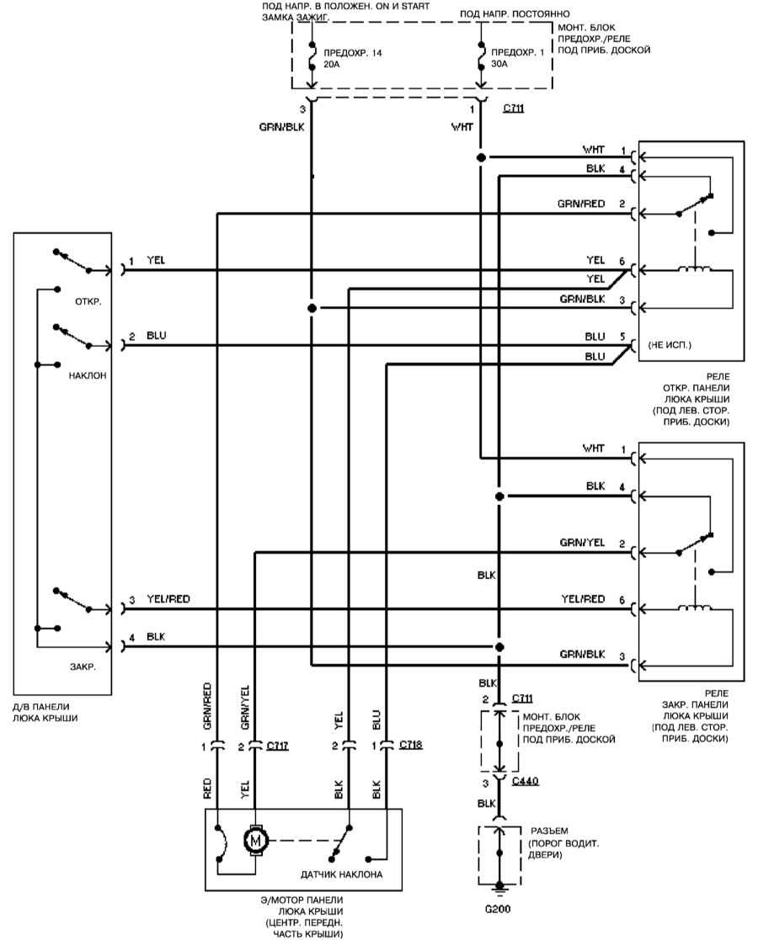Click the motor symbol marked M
coord(254,838)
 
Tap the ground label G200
coord(499,909)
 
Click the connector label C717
coord(276,746)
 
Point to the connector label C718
coord(411,746)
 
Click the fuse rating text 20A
coord(331,62)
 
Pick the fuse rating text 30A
coord(500,62)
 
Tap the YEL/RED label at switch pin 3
coord(168,599)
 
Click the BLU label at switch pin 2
coord(156,336)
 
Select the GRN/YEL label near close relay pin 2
coord(581,543)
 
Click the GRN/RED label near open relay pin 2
coord(581,204)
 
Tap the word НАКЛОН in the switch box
coord(88,379)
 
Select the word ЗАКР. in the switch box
coord(83,666)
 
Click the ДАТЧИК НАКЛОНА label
coord(342,874)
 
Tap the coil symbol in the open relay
coord(696,269)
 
